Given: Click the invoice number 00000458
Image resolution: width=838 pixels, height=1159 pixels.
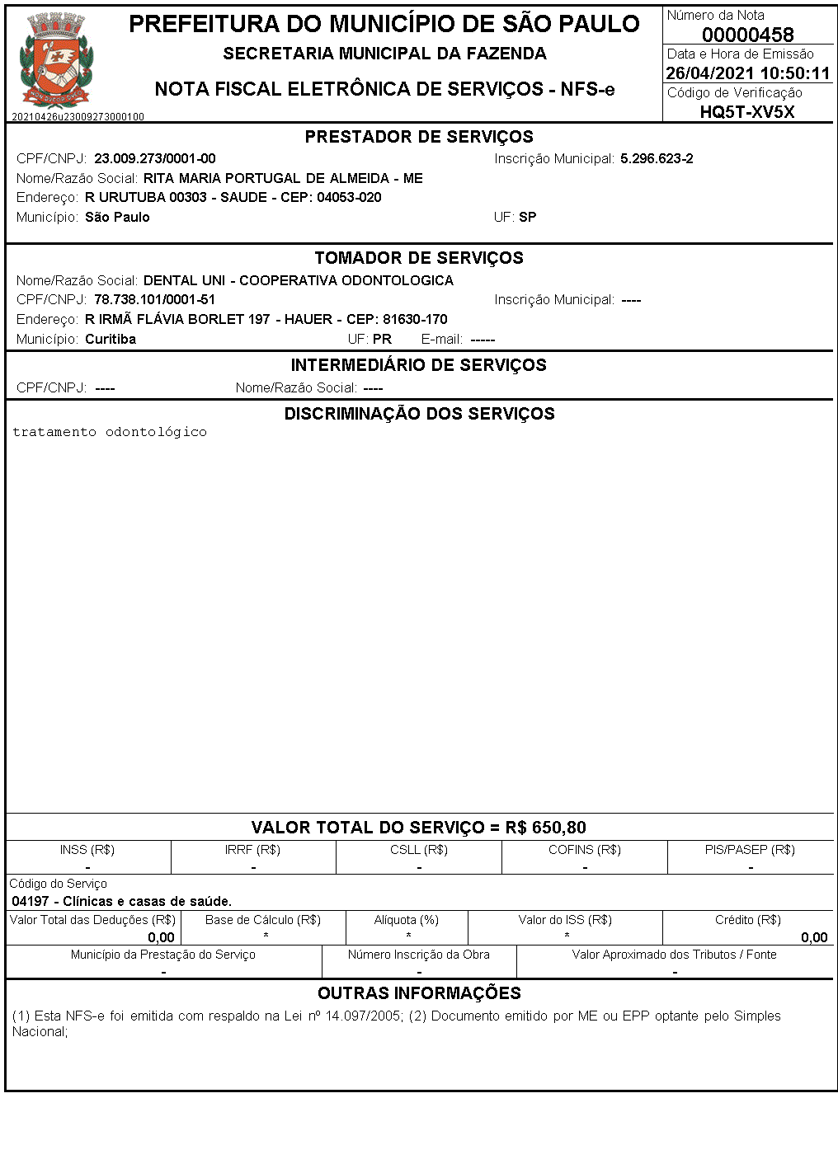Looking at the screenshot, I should point(747,35).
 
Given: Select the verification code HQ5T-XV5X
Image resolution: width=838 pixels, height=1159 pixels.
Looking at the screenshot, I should point(747,112).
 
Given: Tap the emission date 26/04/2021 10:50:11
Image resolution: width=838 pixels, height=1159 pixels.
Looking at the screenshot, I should point(747,73).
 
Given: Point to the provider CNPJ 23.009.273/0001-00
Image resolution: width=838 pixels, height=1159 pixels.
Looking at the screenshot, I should point(155,158).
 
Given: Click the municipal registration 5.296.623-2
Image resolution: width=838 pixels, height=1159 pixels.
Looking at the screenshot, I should point(657,158).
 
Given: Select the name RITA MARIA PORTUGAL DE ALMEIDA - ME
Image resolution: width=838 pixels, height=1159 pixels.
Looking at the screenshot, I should point(283,178).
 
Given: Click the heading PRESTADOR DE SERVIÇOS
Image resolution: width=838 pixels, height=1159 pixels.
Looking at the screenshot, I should point(419,137).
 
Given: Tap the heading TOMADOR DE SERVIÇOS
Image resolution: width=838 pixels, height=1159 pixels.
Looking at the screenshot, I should point(419,258).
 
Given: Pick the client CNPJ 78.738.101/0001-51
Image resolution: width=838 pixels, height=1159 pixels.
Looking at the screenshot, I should point(154,300).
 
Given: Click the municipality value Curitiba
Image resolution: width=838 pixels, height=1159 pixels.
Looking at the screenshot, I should point(111,339).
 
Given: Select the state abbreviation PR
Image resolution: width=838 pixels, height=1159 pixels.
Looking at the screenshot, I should point(382,339).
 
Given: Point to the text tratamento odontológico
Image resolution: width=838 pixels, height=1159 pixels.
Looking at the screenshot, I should point(110,432).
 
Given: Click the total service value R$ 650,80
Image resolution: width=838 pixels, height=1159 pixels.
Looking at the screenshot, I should point(546,828).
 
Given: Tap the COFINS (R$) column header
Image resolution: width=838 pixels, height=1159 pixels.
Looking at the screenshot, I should point(585,850).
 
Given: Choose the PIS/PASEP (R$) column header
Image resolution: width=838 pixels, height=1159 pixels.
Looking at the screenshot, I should point(750,850).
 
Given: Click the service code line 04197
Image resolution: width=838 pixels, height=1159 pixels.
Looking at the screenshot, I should point(122,901).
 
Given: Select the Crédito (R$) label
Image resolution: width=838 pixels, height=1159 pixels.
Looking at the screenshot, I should point(748,920).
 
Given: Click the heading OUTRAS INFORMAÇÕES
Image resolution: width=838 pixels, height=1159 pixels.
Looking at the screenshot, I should point(419,993).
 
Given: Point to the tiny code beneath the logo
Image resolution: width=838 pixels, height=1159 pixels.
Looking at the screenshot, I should point(78,117).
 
